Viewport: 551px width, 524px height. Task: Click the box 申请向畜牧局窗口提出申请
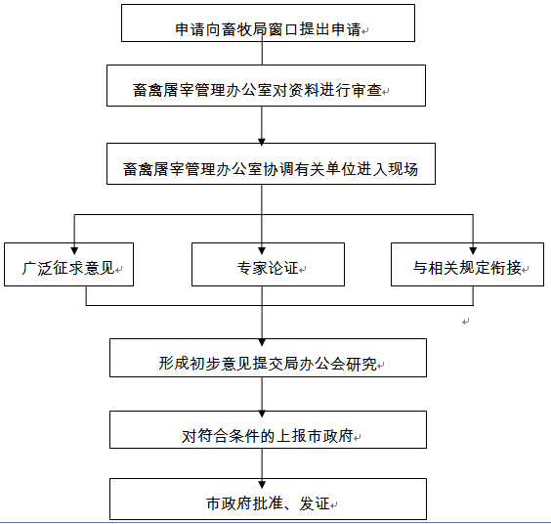pyautogui.click(x=268, y=23)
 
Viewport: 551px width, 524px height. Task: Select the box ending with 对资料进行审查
pyautogui.click(x=266, y=85)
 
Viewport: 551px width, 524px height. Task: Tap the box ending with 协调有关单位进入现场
pyautogui.click(x=271, y=164)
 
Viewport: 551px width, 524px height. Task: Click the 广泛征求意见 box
pyautogui.click(x=68, y=265)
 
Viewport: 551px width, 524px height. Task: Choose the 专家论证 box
pyautogui.click(x=268, y=265)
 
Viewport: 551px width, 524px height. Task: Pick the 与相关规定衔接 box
pyautogui.click(x=467, y=265)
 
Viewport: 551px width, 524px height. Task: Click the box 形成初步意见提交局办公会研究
pyautogui.click(x=268, y=358)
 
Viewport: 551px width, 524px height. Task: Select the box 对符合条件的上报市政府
pyautogui.click(x=268, y=430)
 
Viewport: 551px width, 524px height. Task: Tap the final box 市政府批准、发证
pyautogui.click(x=268, y=499)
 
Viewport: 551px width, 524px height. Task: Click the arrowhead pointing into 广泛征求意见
pyautogui.click(x=74, y=250)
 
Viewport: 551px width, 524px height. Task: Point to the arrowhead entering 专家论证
pyautogui.click(x=262, y=250)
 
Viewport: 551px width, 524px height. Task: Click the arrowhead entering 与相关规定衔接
pyautogui.click(x=473, y=250)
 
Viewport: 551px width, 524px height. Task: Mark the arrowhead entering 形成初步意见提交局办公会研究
pyautogui.click(x=262, y=342)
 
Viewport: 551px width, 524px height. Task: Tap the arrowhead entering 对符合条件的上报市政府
pyautogui.click(x=262, y=415)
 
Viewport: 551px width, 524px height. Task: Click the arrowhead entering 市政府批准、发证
pyautogui.click(x=262, y=485)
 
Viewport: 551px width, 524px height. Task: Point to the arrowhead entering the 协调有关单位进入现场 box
pyautogui.click(x=262, y=142)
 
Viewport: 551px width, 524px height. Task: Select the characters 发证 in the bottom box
pyautogui.click(x=315, y=503)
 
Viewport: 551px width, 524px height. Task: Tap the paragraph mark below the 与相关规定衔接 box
pyautogui.click(x=466, y=322)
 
